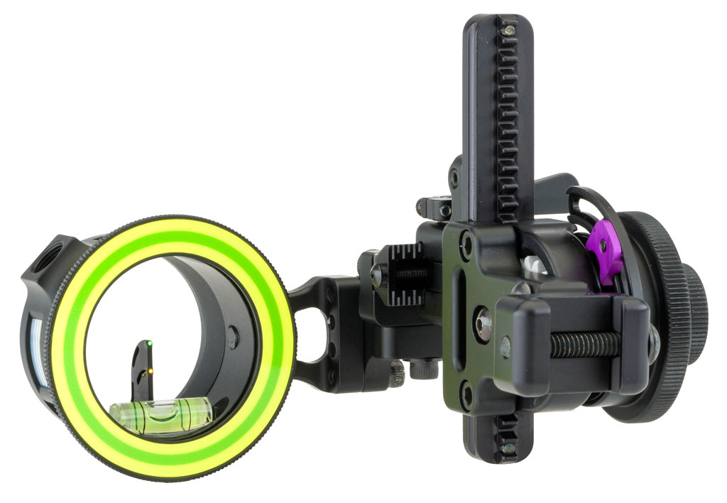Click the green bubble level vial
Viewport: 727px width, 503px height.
162,416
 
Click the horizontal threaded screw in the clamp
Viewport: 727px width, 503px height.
584,345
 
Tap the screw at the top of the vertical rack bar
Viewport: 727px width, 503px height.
508,31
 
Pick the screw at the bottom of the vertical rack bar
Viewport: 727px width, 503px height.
508,448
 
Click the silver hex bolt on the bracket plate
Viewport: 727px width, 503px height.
484,324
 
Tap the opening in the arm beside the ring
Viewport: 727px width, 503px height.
307,334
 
